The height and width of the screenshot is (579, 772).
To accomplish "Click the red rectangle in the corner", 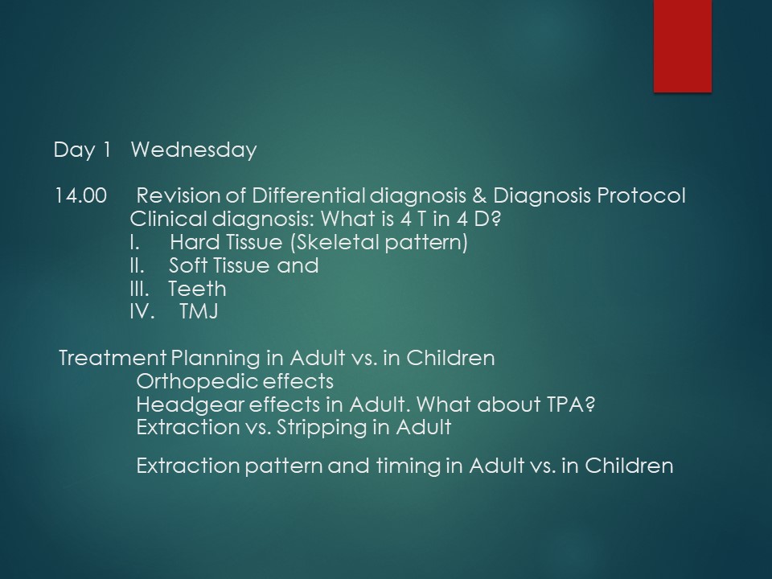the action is pos(683,46).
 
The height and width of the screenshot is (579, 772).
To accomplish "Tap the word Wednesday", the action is pos(194,150).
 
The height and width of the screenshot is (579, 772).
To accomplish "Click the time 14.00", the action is pos(80,195).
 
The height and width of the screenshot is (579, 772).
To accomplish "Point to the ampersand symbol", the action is pos(478,195).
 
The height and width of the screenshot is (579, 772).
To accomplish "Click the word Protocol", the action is pos(641,195).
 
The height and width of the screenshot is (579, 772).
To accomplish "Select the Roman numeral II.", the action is pos(137,265).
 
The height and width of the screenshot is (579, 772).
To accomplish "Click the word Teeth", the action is pos(198,289).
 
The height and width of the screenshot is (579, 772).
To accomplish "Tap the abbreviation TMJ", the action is pos(199,311).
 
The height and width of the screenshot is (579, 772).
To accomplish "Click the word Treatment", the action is pos(113,358).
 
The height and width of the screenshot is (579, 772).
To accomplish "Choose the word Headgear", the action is pos(190,404).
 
